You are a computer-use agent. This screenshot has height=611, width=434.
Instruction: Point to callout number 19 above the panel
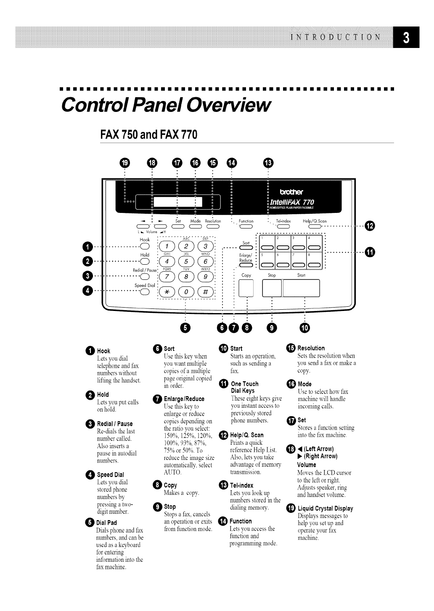125,162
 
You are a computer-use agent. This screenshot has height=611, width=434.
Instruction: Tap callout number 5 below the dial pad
185,327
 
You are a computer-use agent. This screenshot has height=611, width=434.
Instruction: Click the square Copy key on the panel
246,288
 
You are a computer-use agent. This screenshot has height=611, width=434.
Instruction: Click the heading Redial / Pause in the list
114,424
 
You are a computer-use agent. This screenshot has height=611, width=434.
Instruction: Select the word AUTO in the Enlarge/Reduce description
172,473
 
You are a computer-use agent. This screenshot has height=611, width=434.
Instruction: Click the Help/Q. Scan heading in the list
247,435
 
